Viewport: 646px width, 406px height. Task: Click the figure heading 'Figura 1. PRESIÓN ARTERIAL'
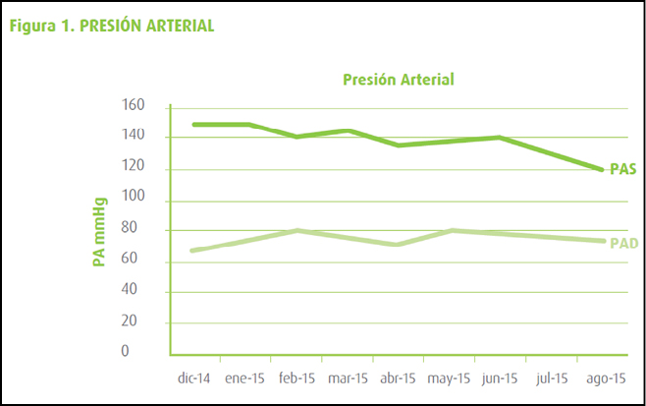coord(111,26)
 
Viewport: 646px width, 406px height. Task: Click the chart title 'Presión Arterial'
coord(398,79)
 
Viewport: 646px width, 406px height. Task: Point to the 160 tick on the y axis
coord(133,106)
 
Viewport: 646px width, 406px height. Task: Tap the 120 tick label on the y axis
coord(133,168)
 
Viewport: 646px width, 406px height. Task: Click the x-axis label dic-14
coord(195,377)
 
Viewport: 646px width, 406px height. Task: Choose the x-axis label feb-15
coord(296,377)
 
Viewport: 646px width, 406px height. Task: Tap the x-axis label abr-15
coord(399,377)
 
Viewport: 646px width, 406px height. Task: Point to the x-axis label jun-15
coord(500,377)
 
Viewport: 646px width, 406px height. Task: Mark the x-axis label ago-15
coord(602,377)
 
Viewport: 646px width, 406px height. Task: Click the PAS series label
coord(623,169)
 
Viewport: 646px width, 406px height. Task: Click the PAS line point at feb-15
coord(296,137)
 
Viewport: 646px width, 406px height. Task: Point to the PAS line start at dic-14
coord(195,125)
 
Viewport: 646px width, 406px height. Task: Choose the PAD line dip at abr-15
coord(399,244)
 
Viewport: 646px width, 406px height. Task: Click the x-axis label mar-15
coord(348,377)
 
